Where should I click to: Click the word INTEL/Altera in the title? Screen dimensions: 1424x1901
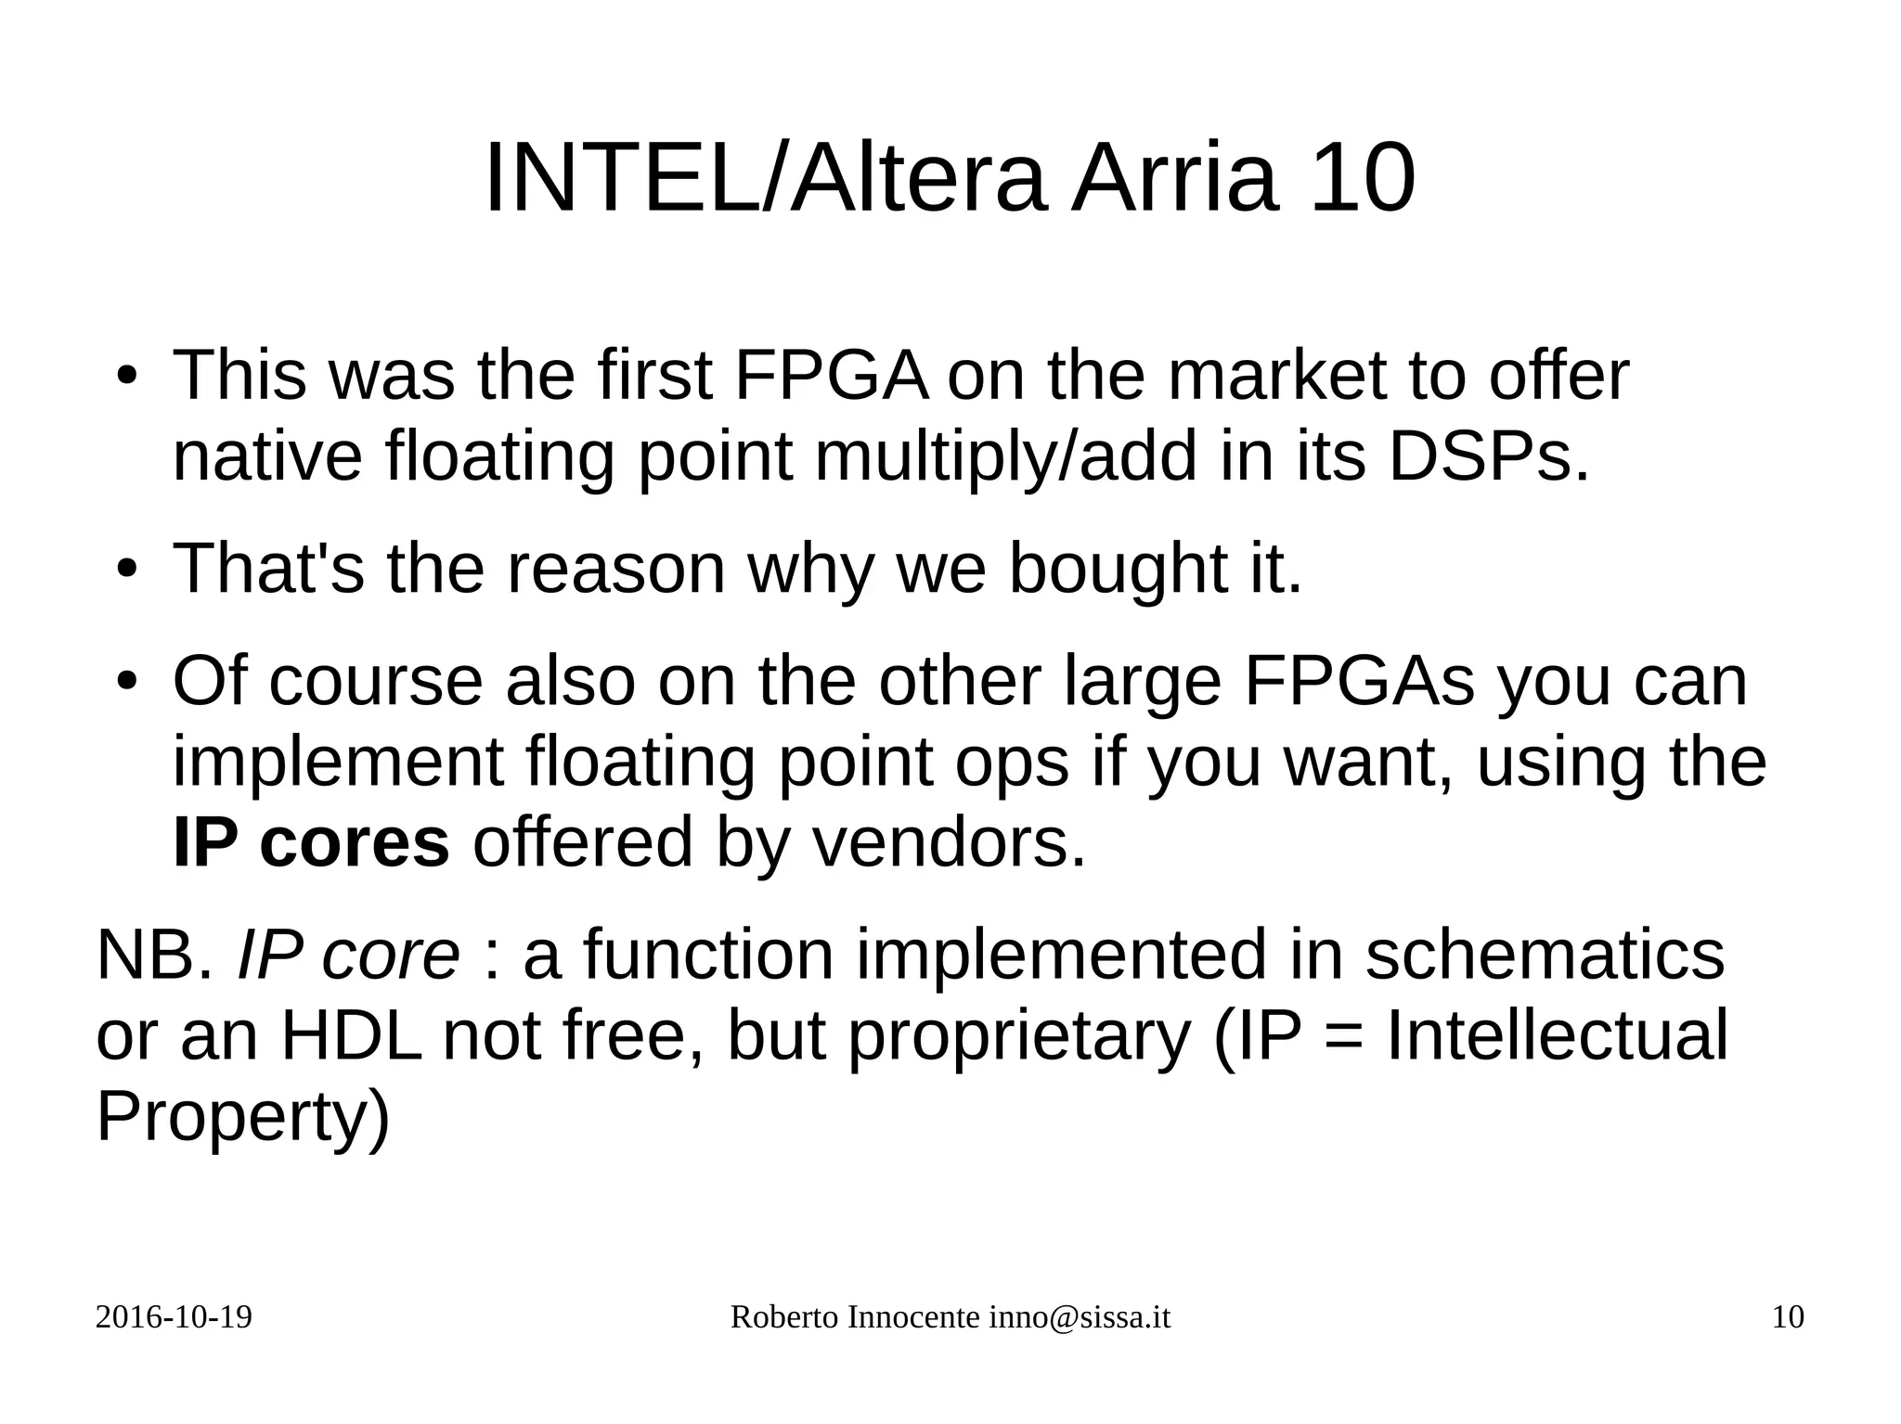[765, 178]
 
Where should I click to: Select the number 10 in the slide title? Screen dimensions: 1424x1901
[1363, 178]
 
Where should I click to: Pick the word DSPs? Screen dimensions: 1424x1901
[1488, 456]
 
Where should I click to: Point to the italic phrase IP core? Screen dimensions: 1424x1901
[348, 955]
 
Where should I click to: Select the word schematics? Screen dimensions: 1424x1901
[1545, 955]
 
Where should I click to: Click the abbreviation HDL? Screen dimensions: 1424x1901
[351, 1035]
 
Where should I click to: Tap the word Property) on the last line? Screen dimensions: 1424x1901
[243, 1117]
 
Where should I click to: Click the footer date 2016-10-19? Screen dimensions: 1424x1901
[174, 1317]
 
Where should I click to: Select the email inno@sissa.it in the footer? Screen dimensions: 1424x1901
[1079, 1317]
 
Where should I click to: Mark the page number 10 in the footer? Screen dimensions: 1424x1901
[1788, 1317]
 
